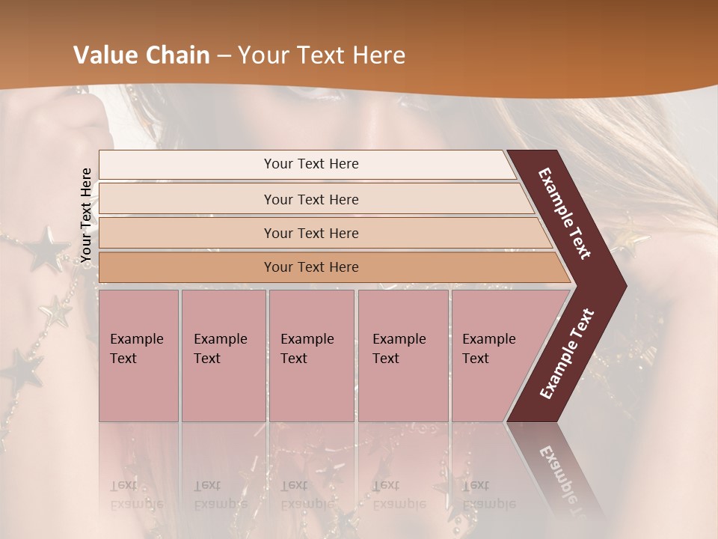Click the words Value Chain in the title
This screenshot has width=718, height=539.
click(x=141, y=55)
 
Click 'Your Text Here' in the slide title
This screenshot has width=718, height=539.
click(x=322, y=55)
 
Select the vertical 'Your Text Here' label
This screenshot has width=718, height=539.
click(x=86, y=216)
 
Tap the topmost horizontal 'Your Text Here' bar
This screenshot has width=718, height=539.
click(x=311, y=164)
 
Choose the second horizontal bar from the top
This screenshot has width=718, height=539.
click(x=311, y=199)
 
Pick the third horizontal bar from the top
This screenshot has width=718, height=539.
click(x=311, y=233)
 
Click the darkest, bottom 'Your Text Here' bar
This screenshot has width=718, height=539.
click(x=311, y=267)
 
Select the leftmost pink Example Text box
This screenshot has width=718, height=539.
click(x=138, y=356)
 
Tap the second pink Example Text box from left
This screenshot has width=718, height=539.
click(x=223, y=356)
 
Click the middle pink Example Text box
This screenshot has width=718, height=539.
click(x=311, y=356)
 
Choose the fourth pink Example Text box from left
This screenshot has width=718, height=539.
click(x=403, y=356)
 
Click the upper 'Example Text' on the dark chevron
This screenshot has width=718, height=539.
click(x=565, y=213)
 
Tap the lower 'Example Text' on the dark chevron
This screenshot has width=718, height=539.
click(x=567, y=353)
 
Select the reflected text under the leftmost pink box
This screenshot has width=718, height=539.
click(x=137, y=494)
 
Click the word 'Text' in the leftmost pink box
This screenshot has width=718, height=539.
click(x=123, y=359)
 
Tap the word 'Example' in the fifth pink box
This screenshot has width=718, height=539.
click(x=488, y=339)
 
